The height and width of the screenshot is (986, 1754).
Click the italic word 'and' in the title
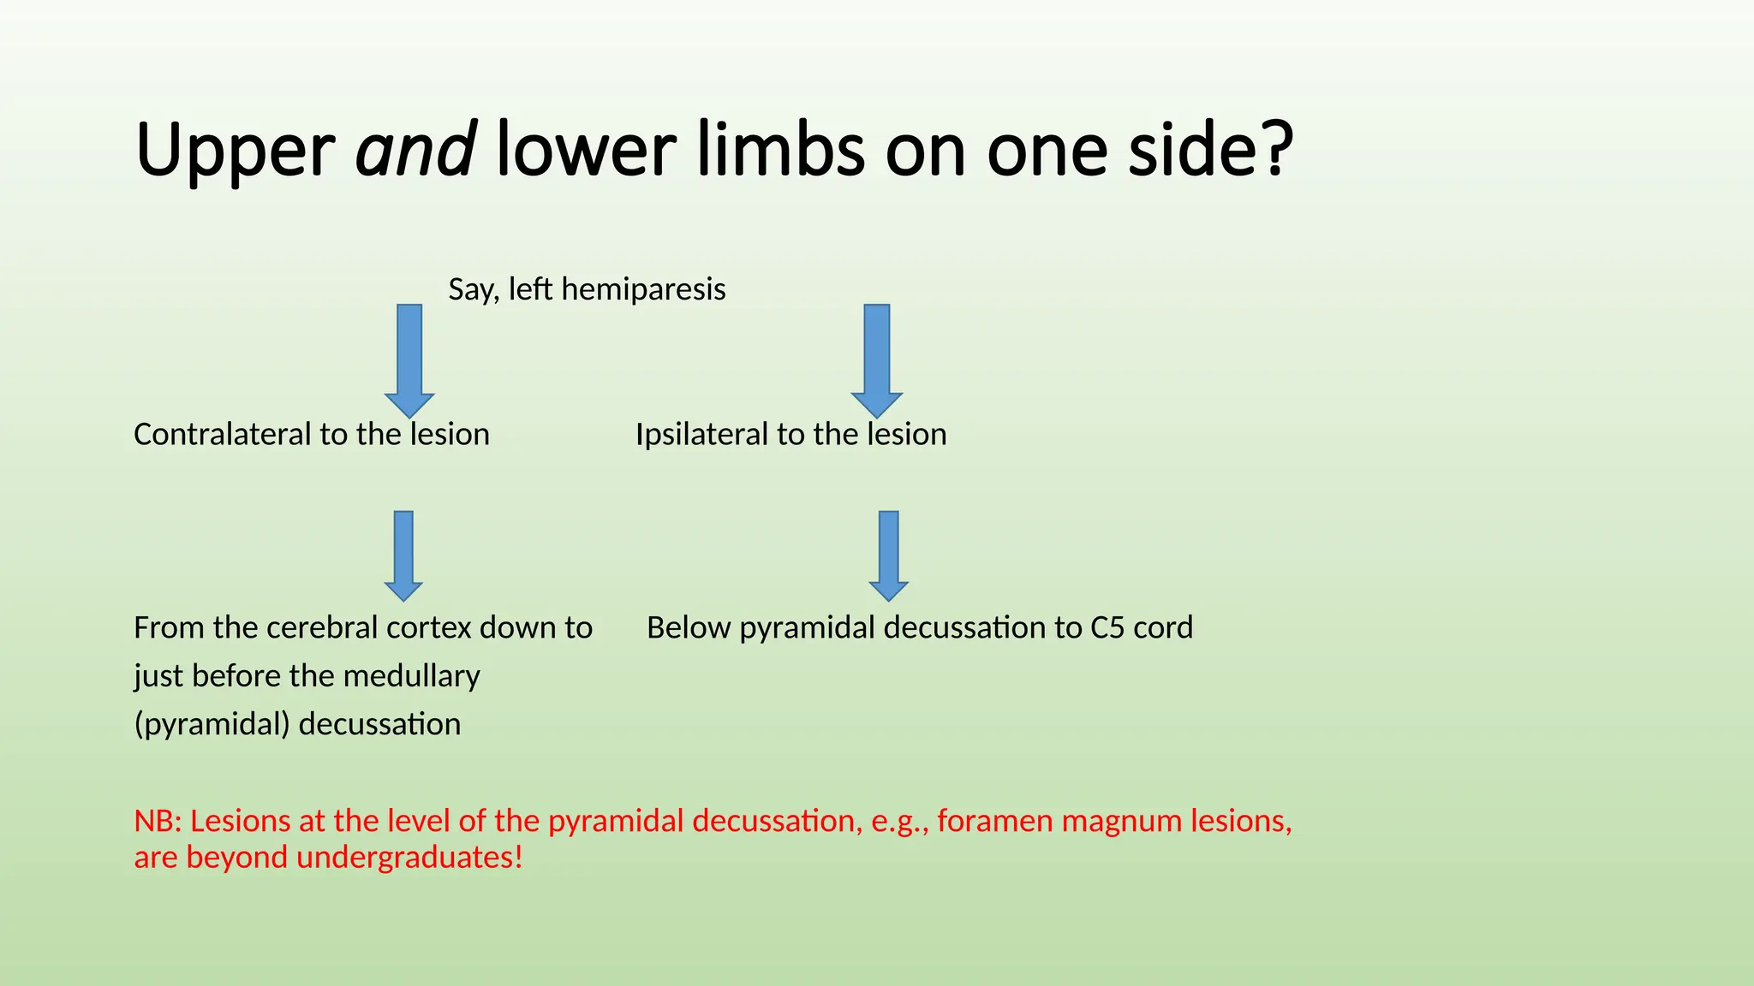(x=415, y=151)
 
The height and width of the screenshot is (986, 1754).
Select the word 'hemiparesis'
(x=643, y=289)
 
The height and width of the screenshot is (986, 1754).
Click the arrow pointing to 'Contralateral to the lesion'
(x=409, y=359)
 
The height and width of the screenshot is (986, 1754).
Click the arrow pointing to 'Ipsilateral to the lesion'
(x=877, y=359)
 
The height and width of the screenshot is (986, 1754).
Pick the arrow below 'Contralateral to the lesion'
(x=403, y=555)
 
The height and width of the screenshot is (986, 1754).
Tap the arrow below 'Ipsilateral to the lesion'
(x=889, y=555)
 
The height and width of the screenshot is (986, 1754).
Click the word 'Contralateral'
(x=223, y=435)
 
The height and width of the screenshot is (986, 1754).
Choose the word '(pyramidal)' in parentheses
(x=212, y=725)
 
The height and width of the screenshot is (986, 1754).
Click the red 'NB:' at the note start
(x=158, y=822)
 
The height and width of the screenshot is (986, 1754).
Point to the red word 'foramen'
(x=995, y=822)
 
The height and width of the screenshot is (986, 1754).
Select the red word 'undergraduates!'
(x=409, y=858)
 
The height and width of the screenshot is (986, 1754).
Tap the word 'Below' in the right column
(x=689, y=628)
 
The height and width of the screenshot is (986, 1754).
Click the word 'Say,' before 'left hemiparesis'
(x=474, y=289)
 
